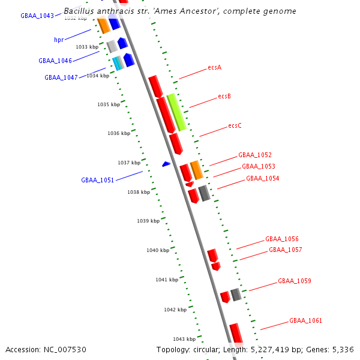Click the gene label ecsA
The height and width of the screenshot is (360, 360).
(x=214, y=67)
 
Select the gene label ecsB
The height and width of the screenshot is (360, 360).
(x=224, y=96)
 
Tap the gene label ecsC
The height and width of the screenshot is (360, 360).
(x=235, y=126)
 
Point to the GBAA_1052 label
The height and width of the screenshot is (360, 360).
(x=254, y=155)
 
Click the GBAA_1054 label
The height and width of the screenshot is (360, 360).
(x=262, y=178)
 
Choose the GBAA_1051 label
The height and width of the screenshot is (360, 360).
(x=97, y=180)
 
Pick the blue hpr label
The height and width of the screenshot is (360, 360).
(x=59, y=40)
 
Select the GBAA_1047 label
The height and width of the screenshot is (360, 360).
(x=61, y=77)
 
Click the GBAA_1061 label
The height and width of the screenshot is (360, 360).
(x=305, y=320)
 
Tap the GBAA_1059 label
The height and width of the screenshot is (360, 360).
(x=294, y=281)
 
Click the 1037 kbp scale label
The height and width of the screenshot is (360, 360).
(x=128, y=163)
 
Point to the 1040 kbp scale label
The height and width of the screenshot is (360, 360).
(x=157, y=250)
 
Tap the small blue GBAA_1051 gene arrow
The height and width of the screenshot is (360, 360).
(x=166, y=164)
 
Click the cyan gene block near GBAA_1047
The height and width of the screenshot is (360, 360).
(x=116, y=63)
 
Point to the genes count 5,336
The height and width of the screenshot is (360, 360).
(x=343, y=349)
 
